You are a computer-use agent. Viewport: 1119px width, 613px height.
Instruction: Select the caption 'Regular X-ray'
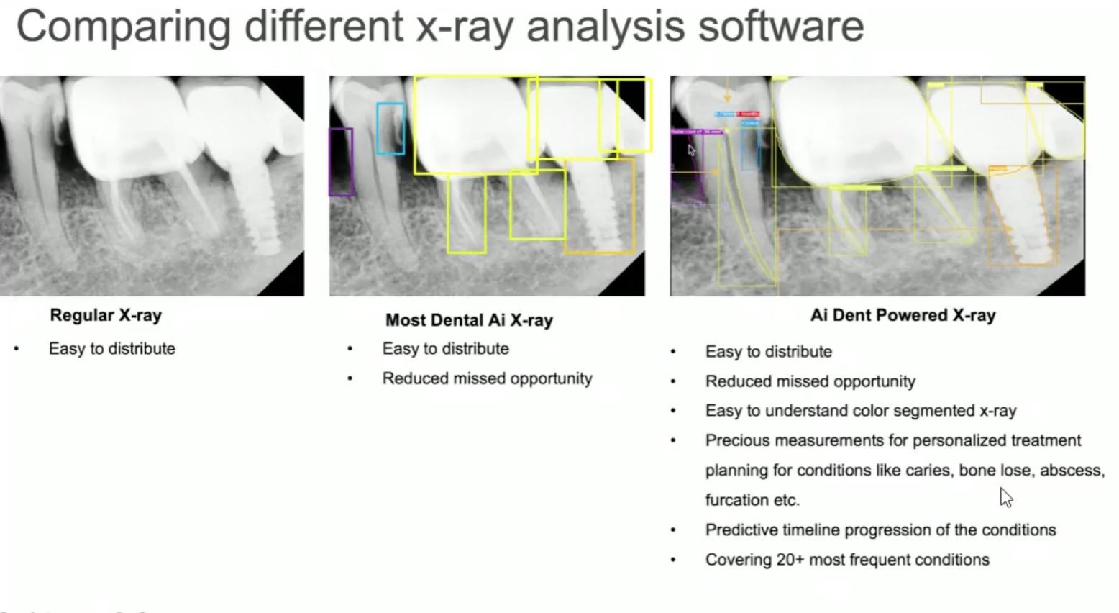(x=106, y=315)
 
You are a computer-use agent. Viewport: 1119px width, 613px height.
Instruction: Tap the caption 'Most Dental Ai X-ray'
(x=469, y=320)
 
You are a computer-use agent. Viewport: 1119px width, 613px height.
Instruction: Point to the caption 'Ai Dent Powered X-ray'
(x=903, y=315)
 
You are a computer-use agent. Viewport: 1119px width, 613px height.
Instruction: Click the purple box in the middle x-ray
(x=341, y=162)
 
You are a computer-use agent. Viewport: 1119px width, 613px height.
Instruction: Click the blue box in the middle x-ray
(x=390, y=128)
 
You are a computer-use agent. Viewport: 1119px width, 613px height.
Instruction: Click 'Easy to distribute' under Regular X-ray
(x=111, y=349)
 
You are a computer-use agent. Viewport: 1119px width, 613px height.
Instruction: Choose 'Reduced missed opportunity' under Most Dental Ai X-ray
(x=487, y=378)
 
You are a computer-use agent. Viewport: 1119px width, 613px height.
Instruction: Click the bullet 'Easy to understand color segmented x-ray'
(x=860, y=411)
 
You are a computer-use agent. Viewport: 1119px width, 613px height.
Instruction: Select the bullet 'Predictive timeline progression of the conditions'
(x=880, y=530)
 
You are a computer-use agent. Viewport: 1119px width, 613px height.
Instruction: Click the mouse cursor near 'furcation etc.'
(x=1005, y=496)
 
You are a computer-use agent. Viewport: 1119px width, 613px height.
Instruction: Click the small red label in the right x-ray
(x=748, y=114)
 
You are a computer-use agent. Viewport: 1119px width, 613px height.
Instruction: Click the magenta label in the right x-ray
(x=697, y=132)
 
